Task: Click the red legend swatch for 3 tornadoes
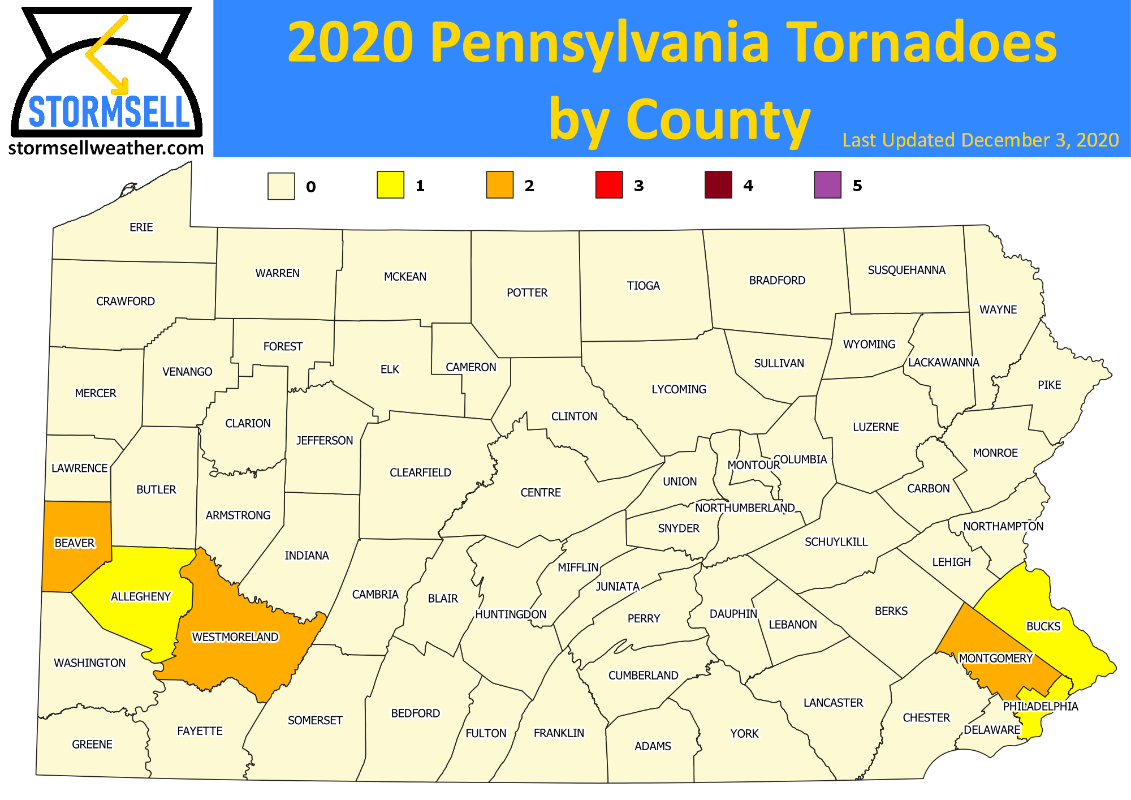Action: click(x=608, y=185)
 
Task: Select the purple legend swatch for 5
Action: click(x=827, y=185)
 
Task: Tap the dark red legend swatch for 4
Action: click(x=718, y=185)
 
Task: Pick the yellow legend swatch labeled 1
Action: click(x=390, y=185)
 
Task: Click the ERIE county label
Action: click(x=141, y=227)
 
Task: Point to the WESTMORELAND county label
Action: click(x=235, y=637)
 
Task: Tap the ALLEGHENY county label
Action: click(x=141, y=596)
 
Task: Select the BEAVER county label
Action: click(x=75, y=543)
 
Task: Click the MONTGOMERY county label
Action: click(x=996, y=659)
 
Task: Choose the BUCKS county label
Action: click(x=1043, y=626)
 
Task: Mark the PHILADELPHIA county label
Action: click(x=1041, y=707)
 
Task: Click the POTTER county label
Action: click(x=527, y=293)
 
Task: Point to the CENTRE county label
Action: click(x=541, y=493)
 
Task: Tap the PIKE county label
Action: click(x=1050, y=385)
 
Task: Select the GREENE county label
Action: click(x=92, y=745)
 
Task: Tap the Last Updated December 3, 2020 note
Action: click(x=981, y=140)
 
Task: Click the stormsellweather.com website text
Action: click(x=106, y=148)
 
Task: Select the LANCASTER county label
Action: click(x=833, y=703)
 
